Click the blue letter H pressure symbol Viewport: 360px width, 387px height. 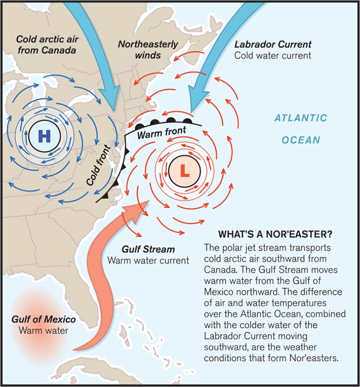[x=45, y=136]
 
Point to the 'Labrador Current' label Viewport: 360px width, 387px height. [x=272, y=44]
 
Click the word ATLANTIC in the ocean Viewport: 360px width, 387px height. [x=300, y=118]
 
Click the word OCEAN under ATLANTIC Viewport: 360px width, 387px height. [x=300, y=140]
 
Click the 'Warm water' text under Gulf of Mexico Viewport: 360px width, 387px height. [x=44, y=330]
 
